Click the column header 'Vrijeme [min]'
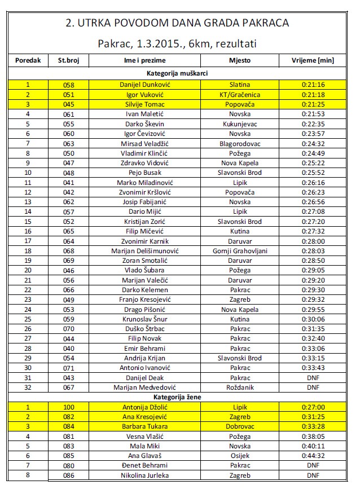[x=313, y=60]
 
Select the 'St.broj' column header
[x=69, y=60]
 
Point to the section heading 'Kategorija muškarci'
[x=179, y=73]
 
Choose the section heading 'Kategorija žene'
[x=179, y=397]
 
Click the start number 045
[x=69, y=104]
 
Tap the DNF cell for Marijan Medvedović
[x=313, y=387]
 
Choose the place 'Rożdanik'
[x=240, y=387]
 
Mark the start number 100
[x=69, y=407]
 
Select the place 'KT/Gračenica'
[x=240, y=94]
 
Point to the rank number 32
[x=28, y=387]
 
